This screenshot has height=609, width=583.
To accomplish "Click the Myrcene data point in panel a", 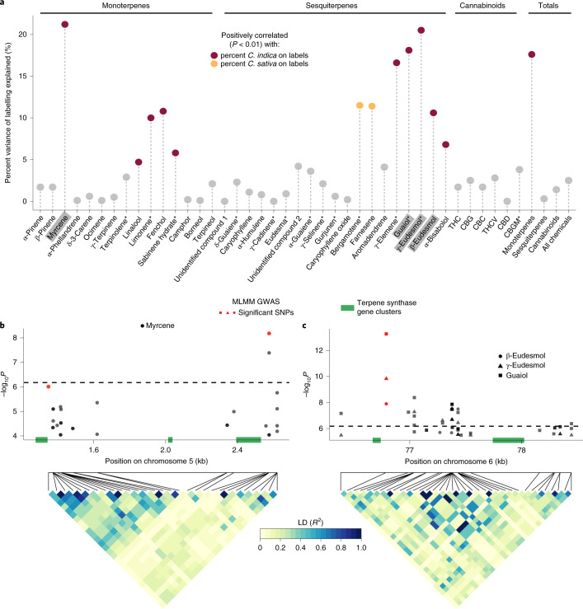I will (65, 24).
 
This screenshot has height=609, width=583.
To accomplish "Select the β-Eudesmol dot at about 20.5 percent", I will (421, 30).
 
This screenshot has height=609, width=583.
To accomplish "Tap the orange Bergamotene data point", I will (360, 105).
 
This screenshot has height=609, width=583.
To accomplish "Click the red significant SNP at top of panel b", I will (269, 333).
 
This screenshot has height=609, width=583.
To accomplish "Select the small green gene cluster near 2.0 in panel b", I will (170, 440).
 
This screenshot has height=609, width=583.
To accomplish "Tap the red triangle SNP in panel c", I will (386, 378).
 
